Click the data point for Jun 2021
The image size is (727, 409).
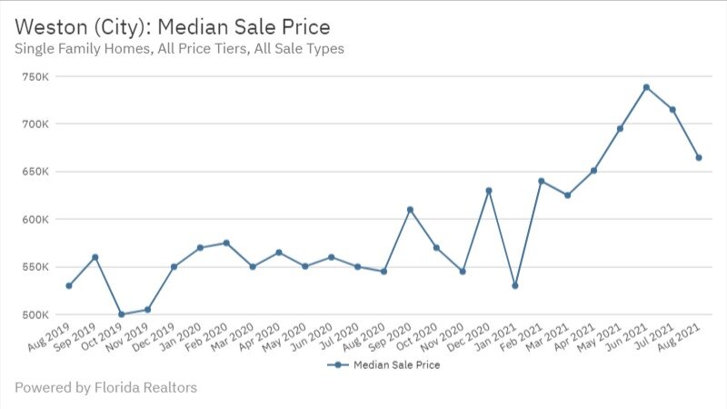[646, 87]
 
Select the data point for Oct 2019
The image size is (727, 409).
[121, 314]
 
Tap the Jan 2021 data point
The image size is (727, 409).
[515, 285]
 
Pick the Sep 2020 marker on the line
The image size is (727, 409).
[410, 209]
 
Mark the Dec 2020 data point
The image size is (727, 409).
[489, 191]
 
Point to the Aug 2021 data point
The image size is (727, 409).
[699, 157]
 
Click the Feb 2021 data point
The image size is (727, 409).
[542, 181]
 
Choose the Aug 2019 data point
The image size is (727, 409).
[69, 285]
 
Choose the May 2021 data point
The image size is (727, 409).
[620, 128]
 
